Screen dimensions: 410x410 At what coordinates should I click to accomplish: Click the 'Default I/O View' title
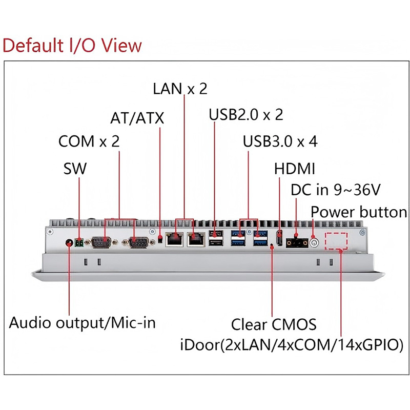pyautogui.click(x=72, y=45)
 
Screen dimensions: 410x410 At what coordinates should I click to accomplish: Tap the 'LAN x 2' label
pyautogui.click(x=180, y=89)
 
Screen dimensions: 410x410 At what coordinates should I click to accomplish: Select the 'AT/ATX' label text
pyautogui.click(x=137, y=118)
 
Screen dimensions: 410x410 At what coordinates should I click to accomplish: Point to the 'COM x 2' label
pyautogui.click(x=89, y=141)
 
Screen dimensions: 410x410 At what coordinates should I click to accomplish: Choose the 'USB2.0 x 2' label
pyautogui.click(x=246, y=114)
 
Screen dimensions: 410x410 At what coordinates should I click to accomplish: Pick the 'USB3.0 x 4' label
pyautogui.click(x=280, y=141)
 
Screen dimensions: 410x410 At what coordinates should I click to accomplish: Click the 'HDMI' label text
pyautogui.click(x=295, y=169)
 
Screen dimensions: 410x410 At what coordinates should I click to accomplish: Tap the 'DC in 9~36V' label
pyautogui.click(x=335, y=190)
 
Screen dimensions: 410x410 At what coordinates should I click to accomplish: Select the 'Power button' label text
pyautogui.click(x=359, y=212)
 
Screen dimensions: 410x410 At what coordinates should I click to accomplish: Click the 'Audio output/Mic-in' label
pyautogui.click(x=83, y=323)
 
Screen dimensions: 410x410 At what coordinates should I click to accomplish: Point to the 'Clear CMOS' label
pyautogui.click(x=274, y=324)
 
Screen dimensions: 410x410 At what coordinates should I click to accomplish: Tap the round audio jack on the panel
pyautogui.click(x=69, y=242)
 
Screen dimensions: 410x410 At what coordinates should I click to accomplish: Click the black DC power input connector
pyautogui.click(x=297, y=241)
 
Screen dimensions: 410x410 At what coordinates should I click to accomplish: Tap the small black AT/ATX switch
pyautogui.click(x=160, y=239)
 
